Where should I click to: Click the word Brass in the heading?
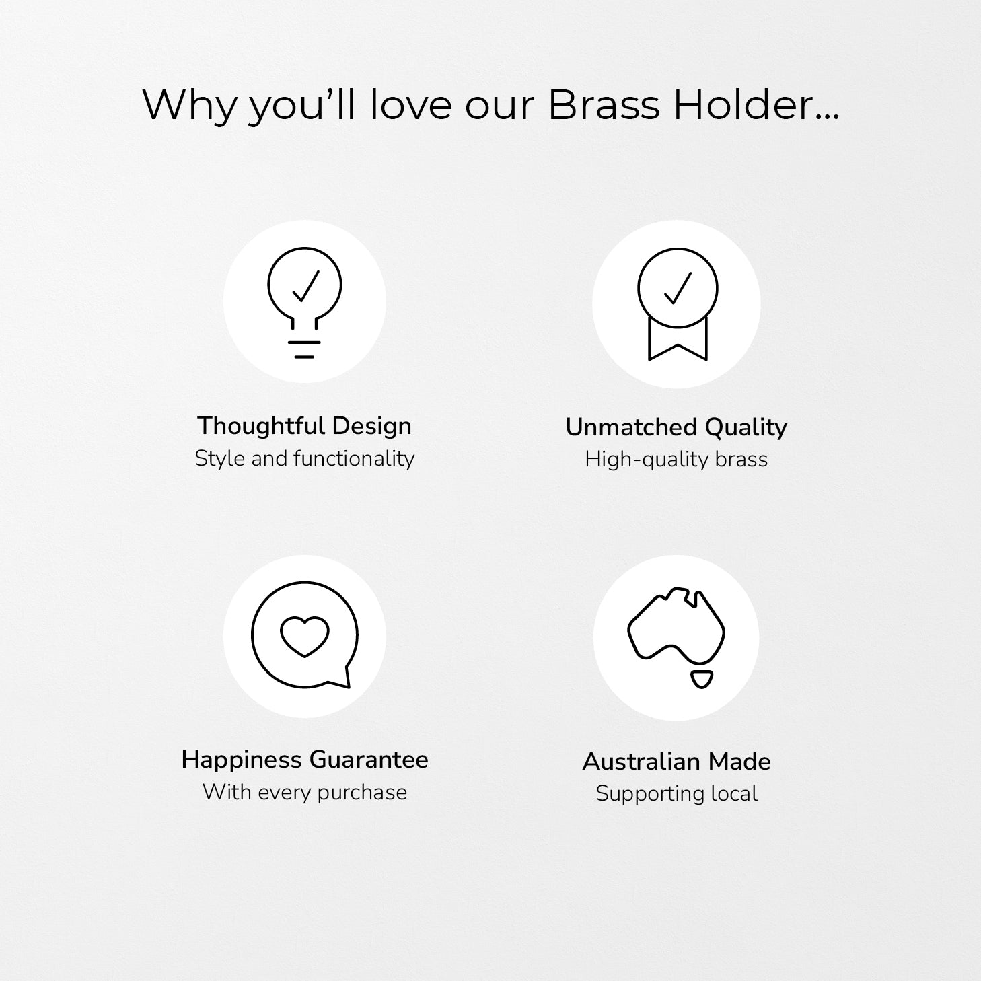click(x=604, y=105)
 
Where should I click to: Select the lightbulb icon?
click(x=304, y=303)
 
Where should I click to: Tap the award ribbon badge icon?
click(x=678, y=304)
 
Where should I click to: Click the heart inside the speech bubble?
click(x=304, y=637)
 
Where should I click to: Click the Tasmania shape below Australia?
click(x=702, y=679)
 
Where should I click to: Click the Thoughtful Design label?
click(x=304, y=426)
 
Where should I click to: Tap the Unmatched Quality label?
click(x=676, y=428)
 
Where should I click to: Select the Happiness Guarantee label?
click(x=305, y=760)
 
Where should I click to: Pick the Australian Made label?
click(x=677, y=762)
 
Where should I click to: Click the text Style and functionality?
click(x=304, y=459)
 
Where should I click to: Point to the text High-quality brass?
click(x=676, y=460)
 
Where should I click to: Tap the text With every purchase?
click(x=304, y=792)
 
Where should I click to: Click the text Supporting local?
click(x=677, y=794)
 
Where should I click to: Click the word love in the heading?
click(x=410, y=105)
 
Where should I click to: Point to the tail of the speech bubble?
click(x=344, y=678)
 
